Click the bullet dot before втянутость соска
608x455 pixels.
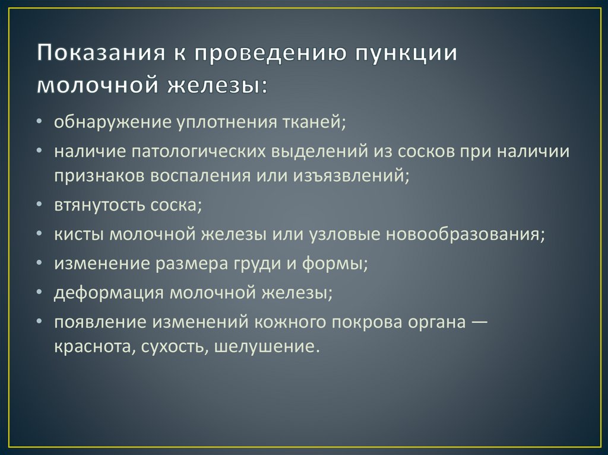(39, 205)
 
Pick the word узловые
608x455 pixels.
(346, 234)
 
